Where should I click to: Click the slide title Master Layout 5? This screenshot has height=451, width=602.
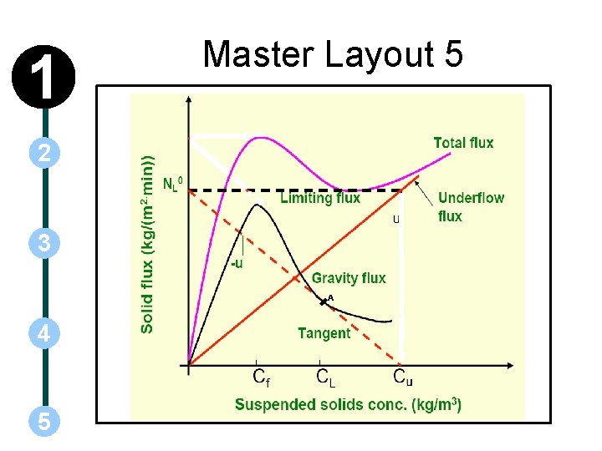pyautogui.click(x=333, y=55)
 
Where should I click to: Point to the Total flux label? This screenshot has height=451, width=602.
pyautogui.click(x=463, y=143)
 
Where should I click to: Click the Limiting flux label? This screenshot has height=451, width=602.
pyautogui.click(x=320, y=198)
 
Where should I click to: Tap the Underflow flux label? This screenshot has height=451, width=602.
pyautogui.click(x=471, y=206)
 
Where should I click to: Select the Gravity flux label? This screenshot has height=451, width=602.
pyautogui.click(x=349, y=278)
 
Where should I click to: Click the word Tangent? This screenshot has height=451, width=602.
pyautogui.click(x=324, y=333)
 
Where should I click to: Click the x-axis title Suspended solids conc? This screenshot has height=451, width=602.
pyautogui.click(x=348, y=405)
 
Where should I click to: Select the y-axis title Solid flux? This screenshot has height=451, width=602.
pyautogui.click(x=148, y=244)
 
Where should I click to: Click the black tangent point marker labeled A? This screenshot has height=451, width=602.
pyautogui.click(x=324, y=302)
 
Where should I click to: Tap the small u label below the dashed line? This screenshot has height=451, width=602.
pyautogui.click(x=395, y=220)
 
